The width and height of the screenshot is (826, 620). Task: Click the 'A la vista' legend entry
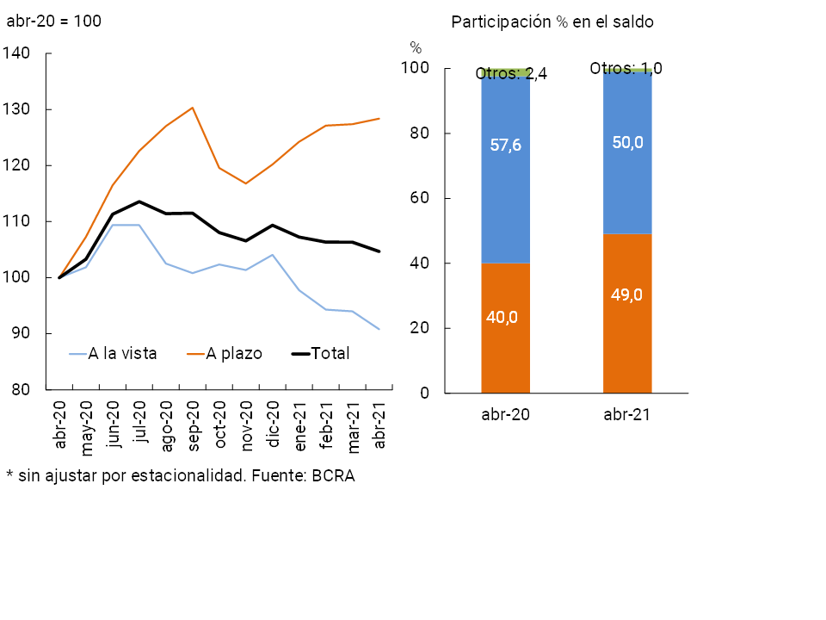coord(122,353)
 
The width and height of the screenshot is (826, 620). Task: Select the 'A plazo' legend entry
coord(233,353)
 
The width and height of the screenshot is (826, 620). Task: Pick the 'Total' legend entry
coord(330,353)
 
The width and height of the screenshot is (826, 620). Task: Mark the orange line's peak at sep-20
coord(193,108)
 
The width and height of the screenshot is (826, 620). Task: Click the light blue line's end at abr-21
coord(379,329)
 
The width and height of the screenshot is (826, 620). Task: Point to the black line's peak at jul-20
coord(139,201)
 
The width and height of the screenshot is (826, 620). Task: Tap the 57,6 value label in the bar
coord(505,146)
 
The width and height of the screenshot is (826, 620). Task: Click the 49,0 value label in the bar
coord(627,294)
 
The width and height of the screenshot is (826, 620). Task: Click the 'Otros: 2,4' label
coord(512,75)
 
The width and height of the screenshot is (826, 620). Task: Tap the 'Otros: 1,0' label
coord(626,68)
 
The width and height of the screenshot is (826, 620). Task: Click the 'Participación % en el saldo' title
coord(552,22)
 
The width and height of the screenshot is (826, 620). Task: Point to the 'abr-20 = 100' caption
coord(53,21)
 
